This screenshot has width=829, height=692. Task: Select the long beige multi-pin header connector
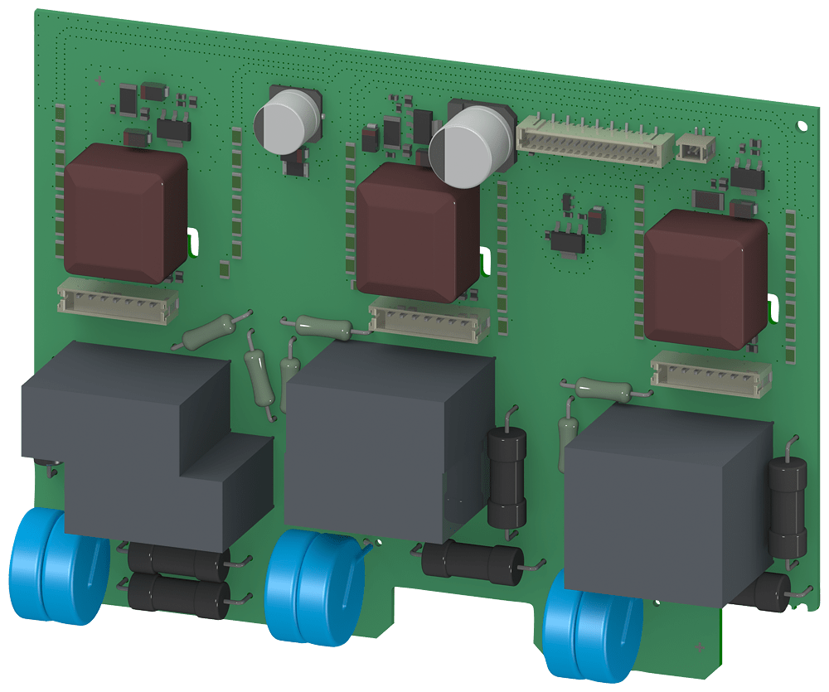tap(594, 141)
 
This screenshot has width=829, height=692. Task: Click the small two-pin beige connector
tap(695, 148)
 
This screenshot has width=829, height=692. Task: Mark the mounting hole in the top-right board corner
tap(800, 126)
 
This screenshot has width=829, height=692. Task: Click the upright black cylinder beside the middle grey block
tap(506, 477)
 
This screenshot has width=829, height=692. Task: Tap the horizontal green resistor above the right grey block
tap(606, 387)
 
